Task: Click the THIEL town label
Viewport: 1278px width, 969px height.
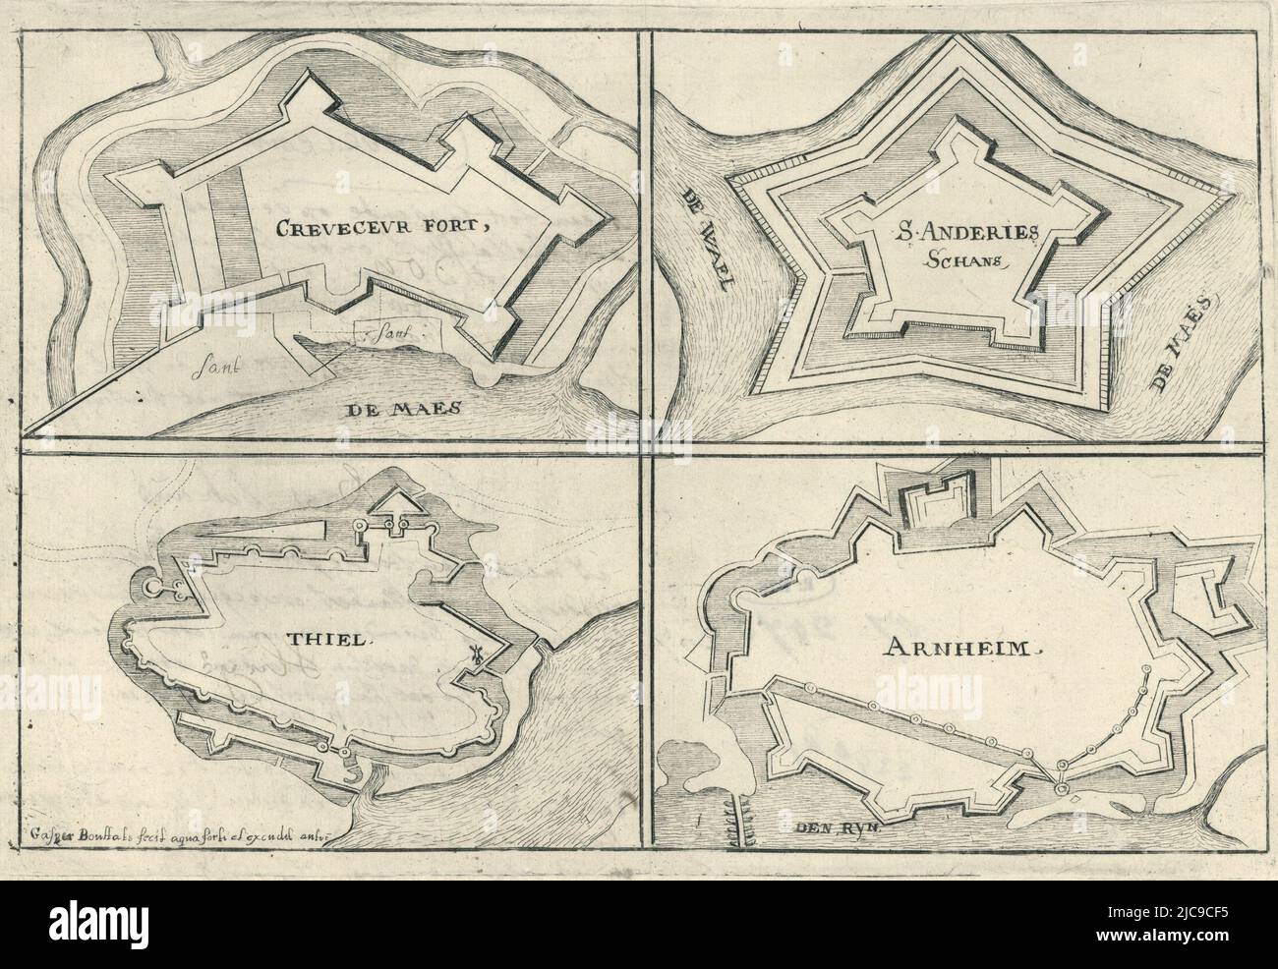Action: tap(318, 639)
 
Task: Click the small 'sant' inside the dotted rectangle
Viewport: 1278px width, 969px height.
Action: tap(394, 334)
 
